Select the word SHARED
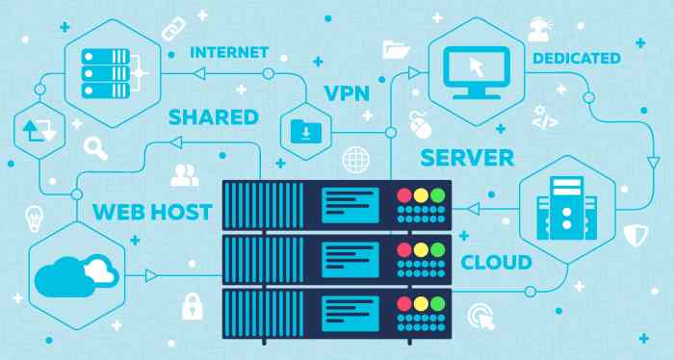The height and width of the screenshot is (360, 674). [214, 117]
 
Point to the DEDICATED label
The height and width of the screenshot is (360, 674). [577, 59]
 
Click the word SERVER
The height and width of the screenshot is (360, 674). [467, 156]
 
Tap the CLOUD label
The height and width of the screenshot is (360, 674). [496, 262]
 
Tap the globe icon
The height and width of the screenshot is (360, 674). [356, 158]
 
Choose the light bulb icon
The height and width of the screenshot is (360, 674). [34, 217]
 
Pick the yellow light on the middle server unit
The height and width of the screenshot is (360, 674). [422, 249]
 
